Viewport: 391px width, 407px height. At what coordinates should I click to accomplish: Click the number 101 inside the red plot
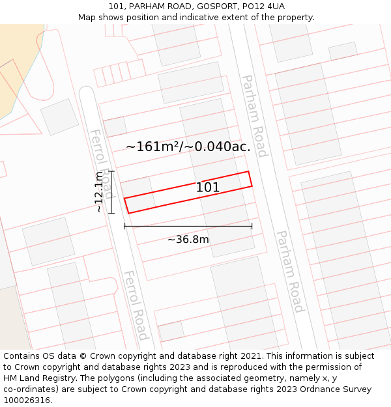(x=208, y=188)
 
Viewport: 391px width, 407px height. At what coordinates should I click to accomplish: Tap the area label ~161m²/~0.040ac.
(x=188, y=147)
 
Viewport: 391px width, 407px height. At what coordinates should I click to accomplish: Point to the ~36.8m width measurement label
(x=188, y=240)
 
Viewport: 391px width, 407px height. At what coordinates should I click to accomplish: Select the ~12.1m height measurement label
(x=98, y=192)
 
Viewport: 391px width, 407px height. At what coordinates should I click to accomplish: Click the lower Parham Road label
(x=290, y=271)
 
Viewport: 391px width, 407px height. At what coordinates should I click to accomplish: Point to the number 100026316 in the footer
(x=27, y=400)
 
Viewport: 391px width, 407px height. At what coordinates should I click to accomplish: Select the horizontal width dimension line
(x=188, y=227)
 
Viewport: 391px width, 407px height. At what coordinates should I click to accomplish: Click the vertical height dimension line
(x=111, y=192)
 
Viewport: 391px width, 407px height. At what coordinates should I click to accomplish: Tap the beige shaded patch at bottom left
(x=13, y=319)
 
